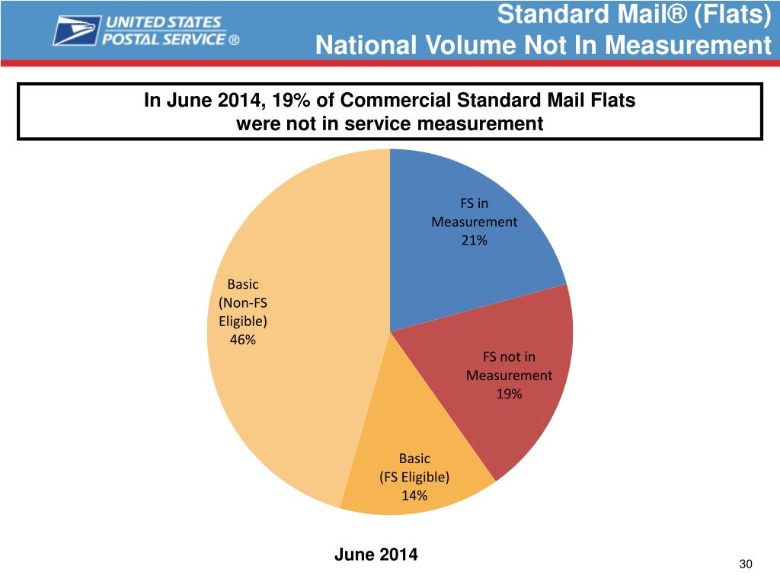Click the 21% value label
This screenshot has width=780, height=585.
pos(474,241)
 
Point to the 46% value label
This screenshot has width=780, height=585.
pos(243,340)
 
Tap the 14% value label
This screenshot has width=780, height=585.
pos(414,496)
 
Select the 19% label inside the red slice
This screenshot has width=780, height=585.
pos(509,394)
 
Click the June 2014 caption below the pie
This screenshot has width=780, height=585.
pos(376,555)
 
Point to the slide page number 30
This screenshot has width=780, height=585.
pos(745,564)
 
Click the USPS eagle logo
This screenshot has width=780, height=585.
pos(77,31)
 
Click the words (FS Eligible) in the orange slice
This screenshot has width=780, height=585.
pos(414,478)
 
